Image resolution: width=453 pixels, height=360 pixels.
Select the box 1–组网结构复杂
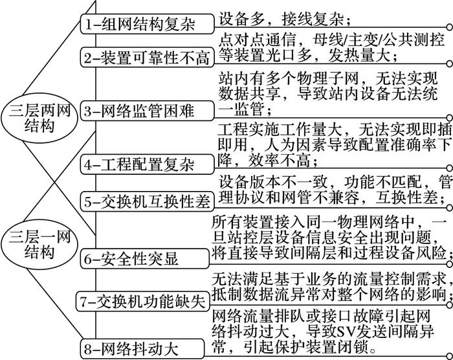pos(147,24)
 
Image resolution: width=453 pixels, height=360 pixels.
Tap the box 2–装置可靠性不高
pos(147,58)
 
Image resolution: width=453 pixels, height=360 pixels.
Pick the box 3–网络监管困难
pos(147,111)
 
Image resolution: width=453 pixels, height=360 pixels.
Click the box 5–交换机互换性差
pos(147,201)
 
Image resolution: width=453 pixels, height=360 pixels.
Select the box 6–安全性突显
pos(144,258)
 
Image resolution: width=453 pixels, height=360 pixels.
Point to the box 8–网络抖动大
pos(142,349)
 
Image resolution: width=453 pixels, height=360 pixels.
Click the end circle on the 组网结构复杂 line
pos(450,27)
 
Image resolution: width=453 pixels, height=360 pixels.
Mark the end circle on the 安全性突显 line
pos(450,264)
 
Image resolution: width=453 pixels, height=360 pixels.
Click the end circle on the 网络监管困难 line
pos(450,117)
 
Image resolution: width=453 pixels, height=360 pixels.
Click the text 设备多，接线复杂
pos(281,19)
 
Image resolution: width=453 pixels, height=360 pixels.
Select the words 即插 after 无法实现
pos(437,130)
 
